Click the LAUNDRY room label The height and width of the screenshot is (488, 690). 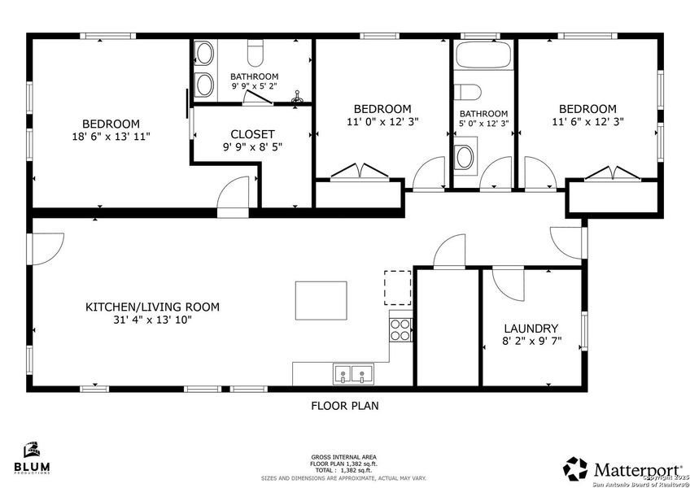pos(532,327)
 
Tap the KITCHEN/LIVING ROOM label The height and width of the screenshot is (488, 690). pos(152,307)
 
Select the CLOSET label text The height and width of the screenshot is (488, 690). pos(252,134)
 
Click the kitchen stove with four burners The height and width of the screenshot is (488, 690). pos(401,329)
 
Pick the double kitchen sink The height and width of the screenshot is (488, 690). pos(353,375)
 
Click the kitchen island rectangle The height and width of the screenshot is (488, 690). pos(321,301)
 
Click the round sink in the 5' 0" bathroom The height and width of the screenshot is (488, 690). pos(465,157)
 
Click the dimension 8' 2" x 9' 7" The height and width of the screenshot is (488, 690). pos(532,341)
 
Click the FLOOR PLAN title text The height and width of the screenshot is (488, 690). pos(345,405)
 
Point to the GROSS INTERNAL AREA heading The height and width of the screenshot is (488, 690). pos(343,457)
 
